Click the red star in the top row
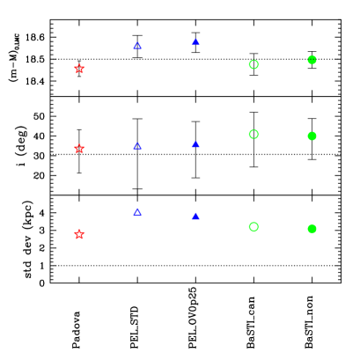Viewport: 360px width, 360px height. point(79,69)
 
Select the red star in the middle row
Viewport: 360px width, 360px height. point(79,149)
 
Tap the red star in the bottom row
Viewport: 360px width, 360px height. point(79,234)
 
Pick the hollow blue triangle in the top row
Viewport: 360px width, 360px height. point(137,45)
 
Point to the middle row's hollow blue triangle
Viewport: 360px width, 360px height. point(137,146)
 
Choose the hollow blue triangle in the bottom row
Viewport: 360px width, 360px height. point(137,212)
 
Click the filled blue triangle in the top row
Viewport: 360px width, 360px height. point(195,41)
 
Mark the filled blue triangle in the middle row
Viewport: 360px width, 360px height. point(195,143)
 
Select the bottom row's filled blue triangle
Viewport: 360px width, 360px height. point(195,216)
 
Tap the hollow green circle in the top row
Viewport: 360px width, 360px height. point(253,64)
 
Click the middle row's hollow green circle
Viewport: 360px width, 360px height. point(253,135)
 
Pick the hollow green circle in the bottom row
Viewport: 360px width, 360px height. point(253,226)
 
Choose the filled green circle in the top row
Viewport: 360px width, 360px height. point(312,60)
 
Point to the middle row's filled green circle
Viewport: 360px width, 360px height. point(312,136)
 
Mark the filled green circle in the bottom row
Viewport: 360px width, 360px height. point(312,229)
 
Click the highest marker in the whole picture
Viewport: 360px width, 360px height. point(195,41)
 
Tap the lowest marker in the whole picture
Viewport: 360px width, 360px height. point(79,234)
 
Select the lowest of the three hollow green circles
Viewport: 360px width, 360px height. point(253,226)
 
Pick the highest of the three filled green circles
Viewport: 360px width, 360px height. point(312,60)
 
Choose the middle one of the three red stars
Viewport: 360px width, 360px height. point(79,149)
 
